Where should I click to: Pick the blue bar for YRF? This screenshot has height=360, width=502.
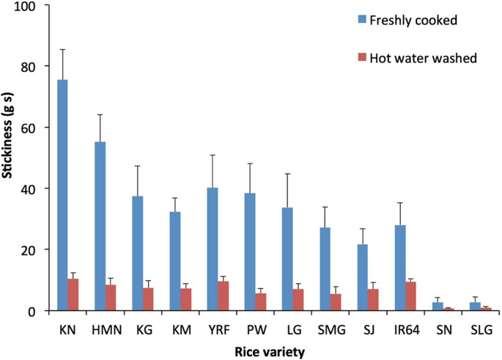213,249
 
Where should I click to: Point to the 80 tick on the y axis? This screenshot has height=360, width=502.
34,66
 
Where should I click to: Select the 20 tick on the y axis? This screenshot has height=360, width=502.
34,249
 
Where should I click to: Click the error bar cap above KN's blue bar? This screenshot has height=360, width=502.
62,49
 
